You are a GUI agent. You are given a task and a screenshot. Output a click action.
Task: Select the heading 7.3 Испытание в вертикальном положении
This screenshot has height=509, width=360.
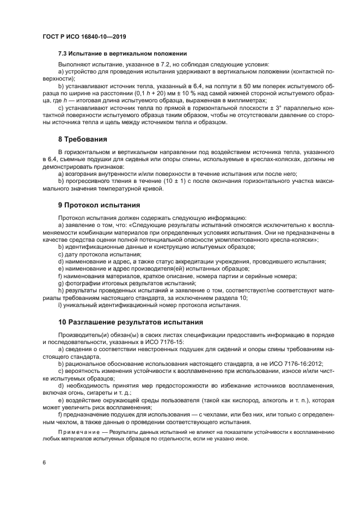pos(123,53)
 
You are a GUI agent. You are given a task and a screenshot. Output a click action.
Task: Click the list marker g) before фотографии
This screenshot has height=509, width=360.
pos(61,283)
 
